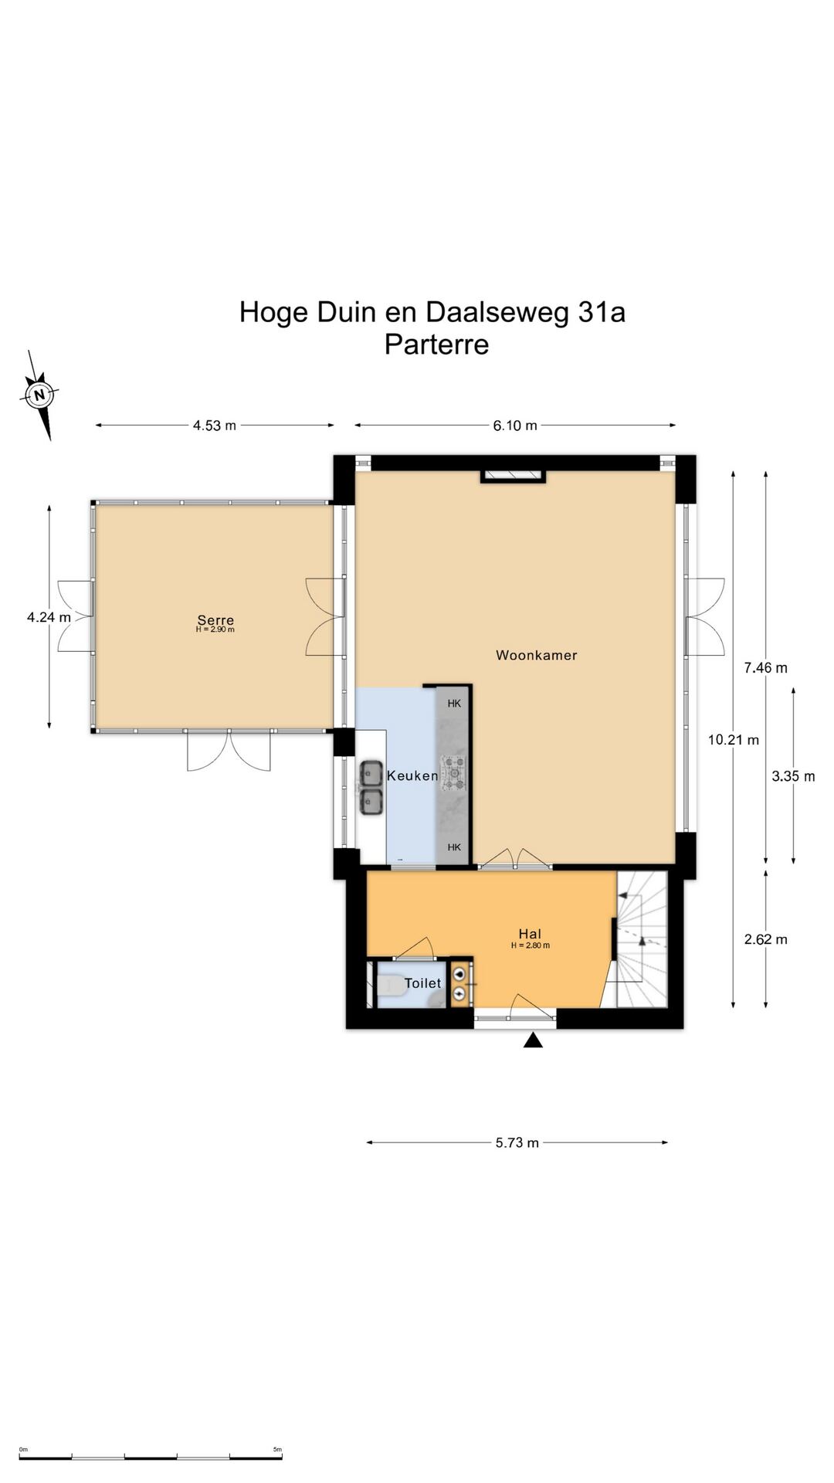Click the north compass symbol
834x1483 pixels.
39,395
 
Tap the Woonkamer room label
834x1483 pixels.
537,655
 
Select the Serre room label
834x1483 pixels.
215,619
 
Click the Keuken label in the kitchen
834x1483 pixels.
412,775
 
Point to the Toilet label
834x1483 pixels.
423,983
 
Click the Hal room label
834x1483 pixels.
530,935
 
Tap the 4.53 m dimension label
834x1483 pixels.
215,425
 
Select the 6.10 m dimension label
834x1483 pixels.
515,425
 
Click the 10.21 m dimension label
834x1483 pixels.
734,740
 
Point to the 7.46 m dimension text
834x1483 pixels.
766,668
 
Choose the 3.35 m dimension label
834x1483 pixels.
794,776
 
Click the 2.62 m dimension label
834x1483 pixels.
766,939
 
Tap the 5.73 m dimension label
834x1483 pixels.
517,1142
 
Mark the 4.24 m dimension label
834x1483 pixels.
49,617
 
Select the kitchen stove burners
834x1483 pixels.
453,773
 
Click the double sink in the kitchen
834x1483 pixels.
371,788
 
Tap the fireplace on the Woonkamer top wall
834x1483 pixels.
514,476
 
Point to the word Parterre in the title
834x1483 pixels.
437,344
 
